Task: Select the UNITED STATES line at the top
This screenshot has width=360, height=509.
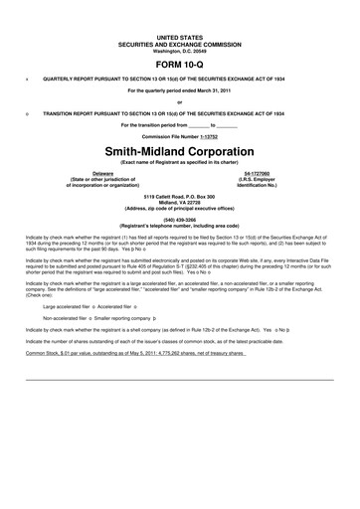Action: tap(179, 35)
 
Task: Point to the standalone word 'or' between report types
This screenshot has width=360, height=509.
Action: tap(179, 101)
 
